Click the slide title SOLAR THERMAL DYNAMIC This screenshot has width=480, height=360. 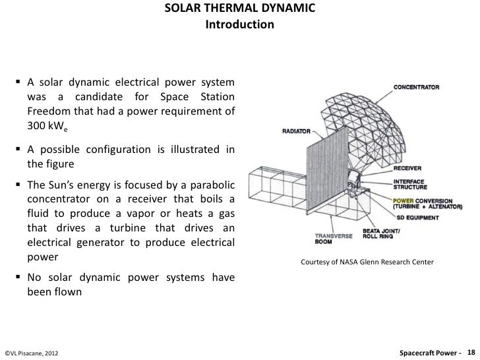(x=239, y=10)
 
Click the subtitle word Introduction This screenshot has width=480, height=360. (x=239, y=25)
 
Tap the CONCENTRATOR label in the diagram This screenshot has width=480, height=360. (x=418, y=86)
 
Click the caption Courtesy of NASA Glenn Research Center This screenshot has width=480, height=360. (x=367, y=262)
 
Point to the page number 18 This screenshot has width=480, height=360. (x=471, y=353)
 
